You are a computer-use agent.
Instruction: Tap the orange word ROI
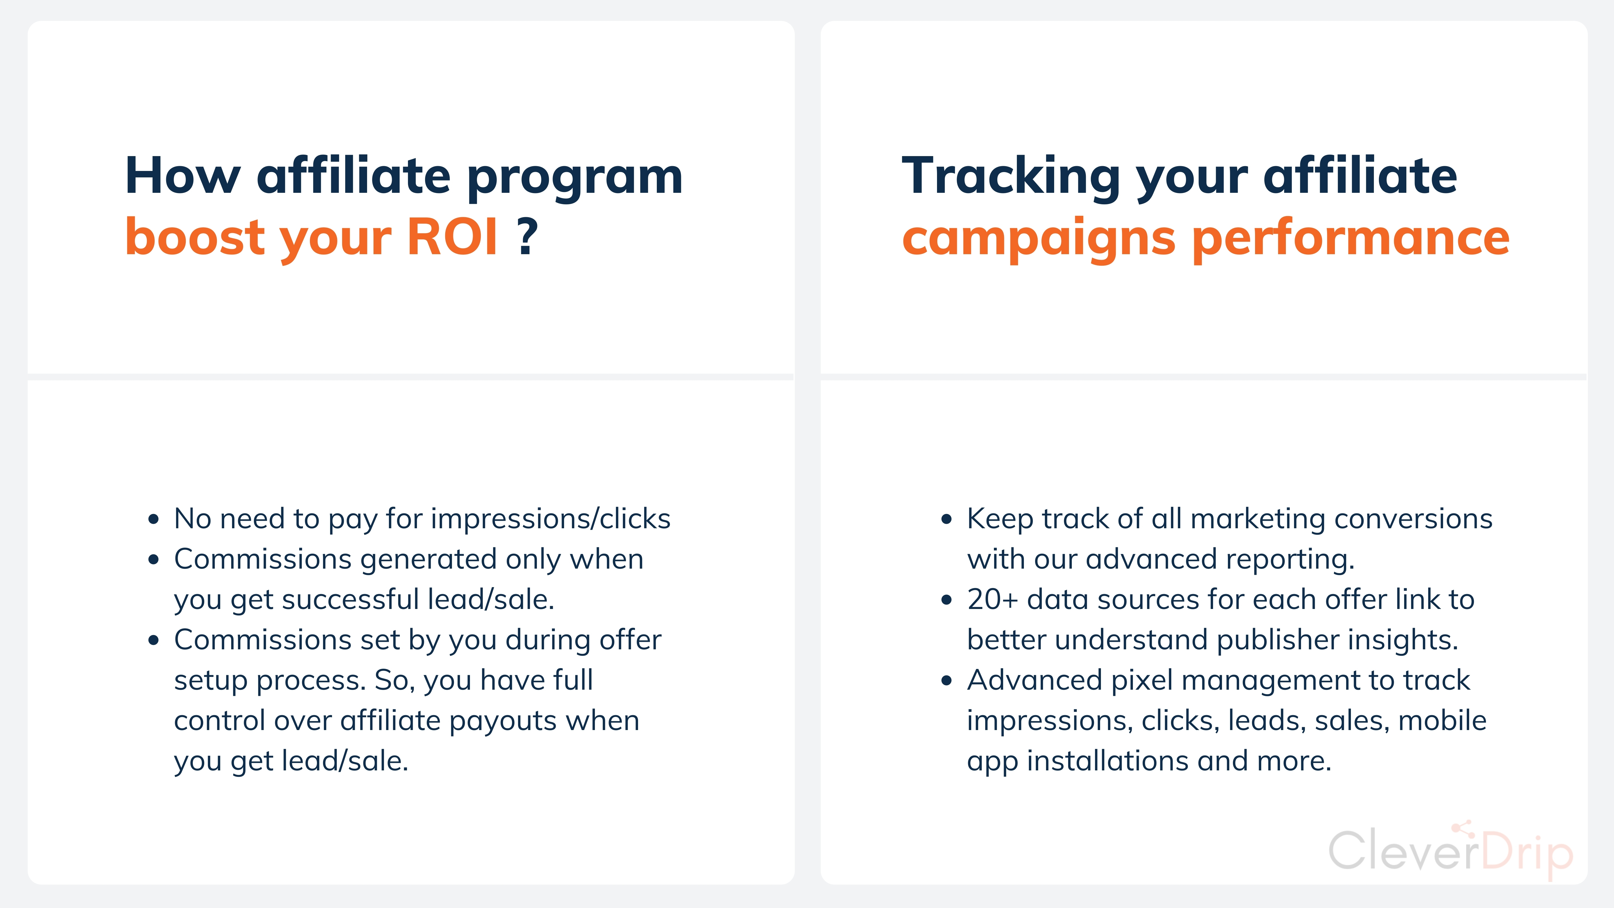coord(452,237)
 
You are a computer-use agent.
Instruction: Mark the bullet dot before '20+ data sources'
coord(947,600)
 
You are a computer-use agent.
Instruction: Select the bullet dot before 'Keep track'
coord(947,520)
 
